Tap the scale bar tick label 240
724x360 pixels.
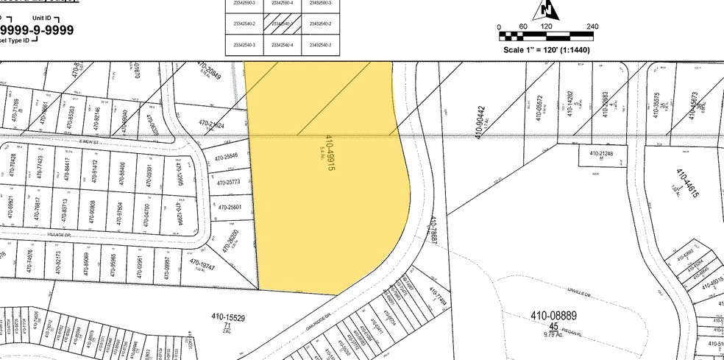coord(592,27)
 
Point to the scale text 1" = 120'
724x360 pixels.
coord(547,50)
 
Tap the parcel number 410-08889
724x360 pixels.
coord(556,316)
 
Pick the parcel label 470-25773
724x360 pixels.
coord(228,182)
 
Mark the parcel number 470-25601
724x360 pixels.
coord(230,207)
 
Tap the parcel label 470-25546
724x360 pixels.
coord(227,157)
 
